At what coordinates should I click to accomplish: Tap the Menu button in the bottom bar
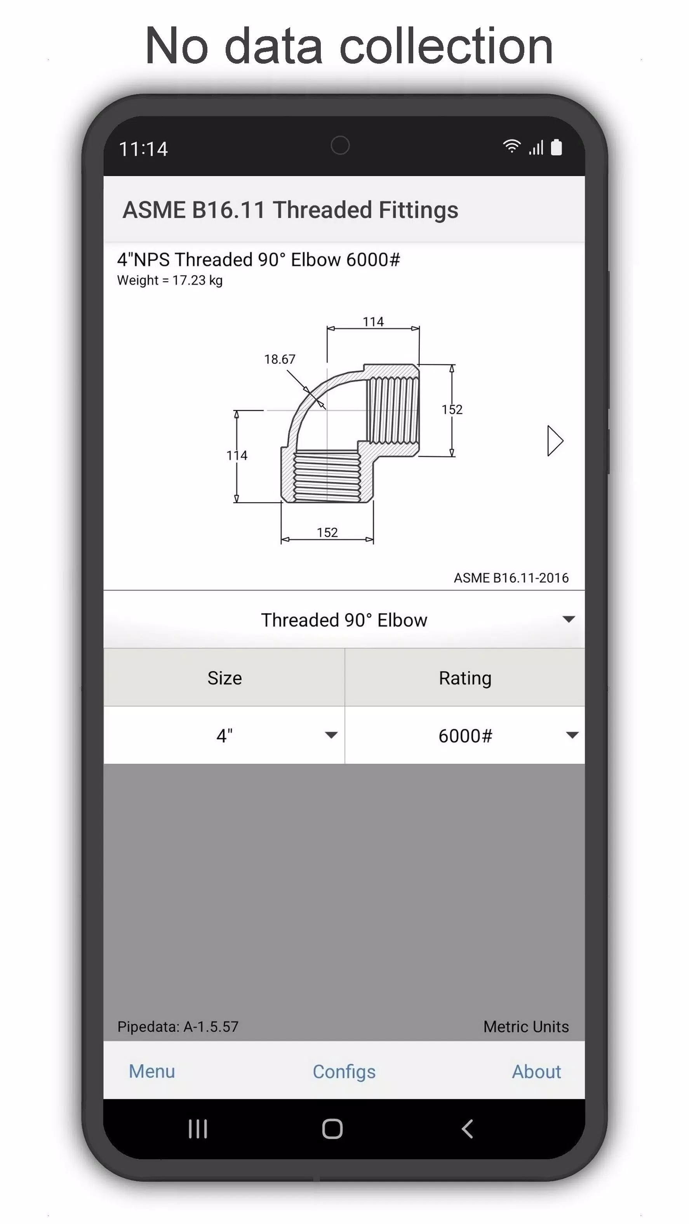point(151,1071)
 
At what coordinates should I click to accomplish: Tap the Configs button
point(344,1071)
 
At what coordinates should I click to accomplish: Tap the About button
point(536,1071)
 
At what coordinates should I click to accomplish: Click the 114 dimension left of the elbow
point(237,455)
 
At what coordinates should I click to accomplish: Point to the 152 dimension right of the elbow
point(451,409)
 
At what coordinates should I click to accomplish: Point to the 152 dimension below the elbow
point(327,532)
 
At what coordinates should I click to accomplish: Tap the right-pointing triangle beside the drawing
point(555,441)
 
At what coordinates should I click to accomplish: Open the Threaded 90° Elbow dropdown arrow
point(568,619)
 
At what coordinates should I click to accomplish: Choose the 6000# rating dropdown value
point(465,735)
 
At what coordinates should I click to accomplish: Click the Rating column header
point(465,678)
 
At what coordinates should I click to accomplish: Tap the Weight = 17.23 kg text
point(170,280)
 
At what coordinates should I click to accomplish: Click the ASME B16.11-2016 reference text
point(511,578)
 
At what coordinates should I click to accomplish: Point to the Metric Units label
point(525,1027)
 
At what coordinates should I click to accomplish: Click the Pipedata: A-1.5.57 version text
point(178,1027)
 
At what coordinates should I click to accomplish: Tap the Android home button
point(332,1129)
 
